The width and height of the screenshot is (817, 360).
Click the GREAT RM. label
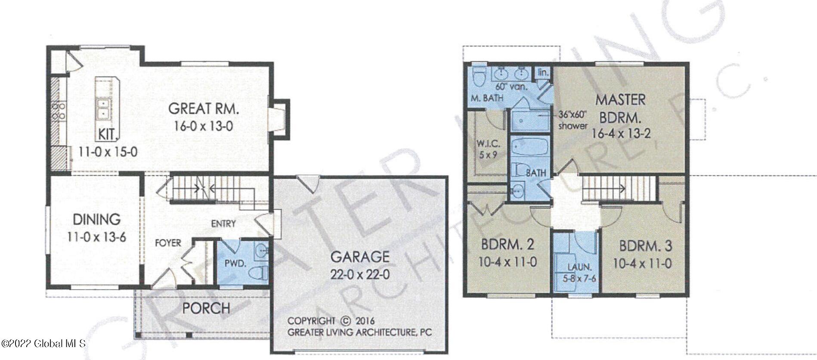click(203, 109)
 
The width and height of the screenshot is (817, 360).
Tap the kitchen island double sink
click(103, 109)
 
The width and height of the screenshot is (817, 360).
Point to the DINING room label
click(96, 220)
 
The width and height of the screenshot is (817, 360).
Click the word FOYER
click(168, 243)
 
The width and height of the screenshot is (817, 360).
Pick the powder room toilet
click(259, 272)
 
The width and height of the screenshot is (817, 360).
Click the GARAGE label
click(360, 257)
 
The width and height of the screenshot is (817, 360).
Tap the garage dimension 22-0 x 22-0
click(360, 274)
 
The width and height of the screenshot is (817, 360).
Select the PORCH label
click(206, 308)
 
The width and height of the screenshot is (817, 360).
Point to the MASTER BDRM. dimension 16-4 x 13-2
click(621, 133)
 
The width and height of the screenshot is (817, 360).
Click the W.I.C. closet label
click(488, 144)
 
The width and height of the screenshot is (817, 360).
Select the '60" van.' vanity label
click(511, 87)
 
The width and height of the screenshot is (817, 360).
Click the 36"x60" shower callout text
click(573, 120)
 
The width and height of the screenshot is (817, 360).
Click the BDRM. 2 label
click(508, 245)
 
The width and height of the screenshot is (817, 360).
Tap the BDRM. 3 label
click(645, 246)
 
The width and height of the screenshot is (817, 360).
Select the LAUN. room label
click(579, 267)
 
